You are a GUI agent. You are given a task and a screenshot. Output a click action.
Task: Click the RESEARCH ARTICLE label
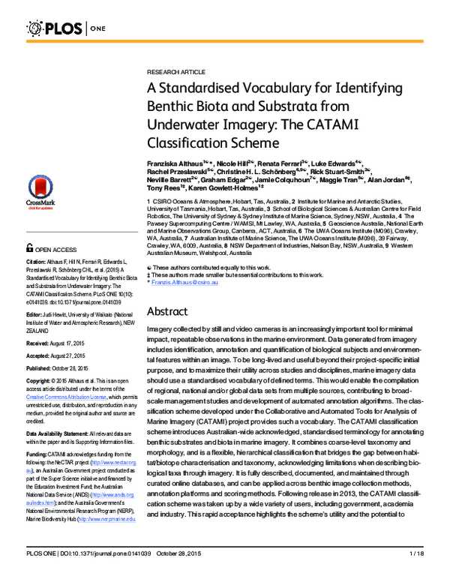pyautogui.click(x=172, y=67)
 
